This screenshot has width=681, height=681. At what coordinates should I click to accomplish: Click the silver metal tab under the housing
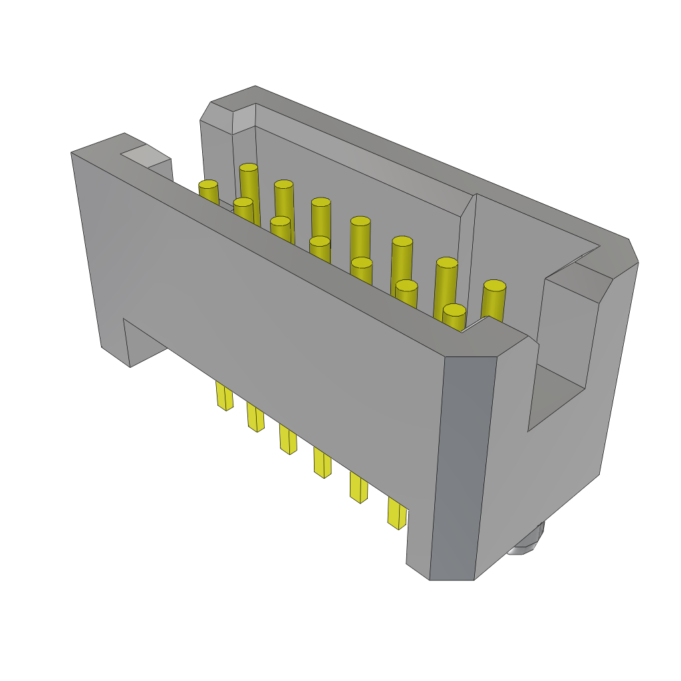pyautogui.click(x=527, y=542)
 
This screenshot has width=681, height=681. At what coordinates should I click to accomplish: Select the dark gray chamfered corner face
pyautogui.click(x=463, y=466)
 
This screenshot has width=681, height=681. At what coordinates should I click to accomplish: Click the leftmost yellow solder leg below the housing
pyautogui.click(x=224, y=396)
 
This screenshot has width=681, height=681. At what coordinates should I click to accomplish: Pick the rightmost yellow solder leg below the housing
pyautogui.click(x=397, y=513)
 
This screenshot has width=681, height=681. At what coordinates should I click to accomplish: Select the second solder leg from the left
pyautogui.click(x=255, y=417)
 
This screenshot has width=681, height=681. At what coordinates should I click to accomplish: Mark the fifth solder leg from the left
pyautogui.click(x=359, y=487)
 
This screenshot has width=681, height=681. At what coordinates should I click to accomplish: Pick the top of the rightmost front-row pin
pyautogui.click(x=454, y=310)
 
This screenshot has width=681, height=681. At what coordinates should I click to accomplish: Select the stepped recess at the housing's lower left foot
pyautogui.click(x=143, y=342)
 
